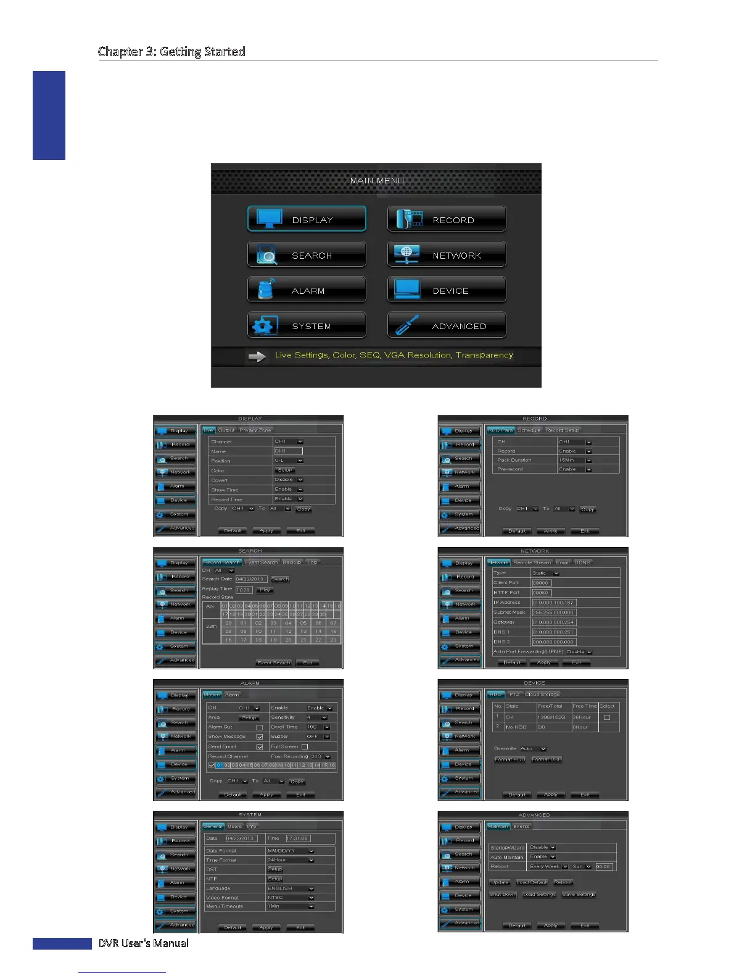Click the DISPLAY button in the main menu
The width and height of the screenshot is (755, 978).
[x=307, y=219]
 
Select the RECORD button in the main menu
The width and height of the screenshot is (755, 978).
[x=447, y=219]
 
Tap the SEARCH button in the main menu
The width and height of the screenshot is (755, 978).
[x=307, y=255]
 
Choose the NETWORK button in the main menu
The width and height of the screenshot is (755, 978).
[x=447, y=255]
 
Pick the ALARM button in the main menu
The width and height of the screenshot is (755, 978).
[x=307, y=290]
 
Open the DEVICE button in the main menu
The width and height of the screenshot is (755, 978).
[x=447, y=290]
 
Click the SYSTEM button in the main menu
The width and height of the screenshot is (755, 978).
[x=307, y=325]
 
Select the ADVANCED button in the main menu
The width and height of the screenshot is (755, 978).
[x=447, y=325]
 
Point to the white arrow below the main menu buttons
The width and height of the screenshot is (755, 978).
[x=257, y=356]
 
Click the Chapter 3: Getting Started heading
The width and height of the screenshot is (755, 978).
[x=171, y=51]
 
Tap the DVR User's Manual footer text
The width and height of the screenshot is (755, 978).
[x=144, y=943]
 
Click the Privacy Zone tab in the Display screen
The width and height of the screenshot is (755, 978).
[x=255, y=430]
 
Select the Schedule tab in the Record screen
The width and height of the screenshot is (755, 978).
[x=529, y=430]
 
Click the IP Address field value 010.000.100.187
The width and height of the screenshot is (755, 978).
[x=553, y=603]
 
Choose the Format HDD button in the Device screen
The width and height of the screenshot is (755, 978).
[x=510, y=759]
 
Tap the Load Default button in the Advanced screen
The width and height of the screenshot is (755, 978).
[x=532, y=882]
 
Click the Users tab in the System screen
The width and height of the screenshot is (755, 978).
[x=235, y=826]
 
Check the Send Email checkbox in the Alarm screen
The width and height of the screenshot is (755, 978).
[x=260, y=746]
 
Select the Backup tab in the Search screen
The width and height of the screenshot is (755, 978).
[x=292, y=562]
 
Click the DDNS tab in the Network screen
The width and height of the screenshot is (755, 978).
[x=582, y=562]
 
